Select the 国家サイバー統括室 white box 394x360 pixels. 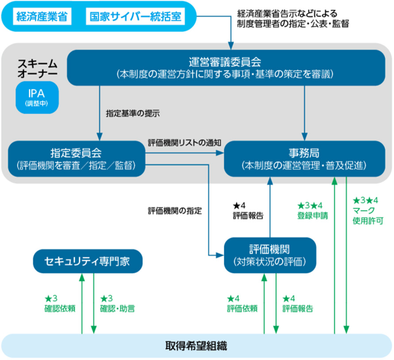tap(136, 17)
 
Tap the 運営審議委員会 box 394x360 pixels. tap(226, 67)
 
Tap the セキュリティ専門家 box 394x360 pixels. tap(87, 261)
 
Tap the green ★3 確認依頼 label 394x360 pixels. tap(59, 303)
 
